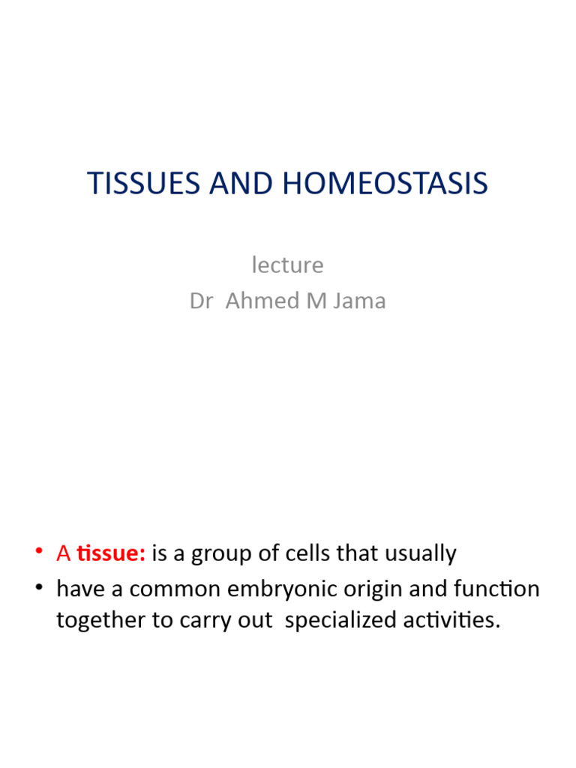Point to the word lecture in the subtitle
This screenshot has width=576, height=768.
(x=287, y=265)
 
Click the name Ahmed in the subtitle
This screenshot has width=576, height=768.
(x=256, y=301)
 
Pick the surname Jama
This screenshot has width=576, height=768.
(x=361, y=301)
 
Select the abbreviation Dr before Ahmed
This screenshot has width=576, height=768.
(x=201, y=301)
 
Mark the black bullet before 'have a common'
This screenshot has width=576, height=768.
(x=39, y=589)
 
